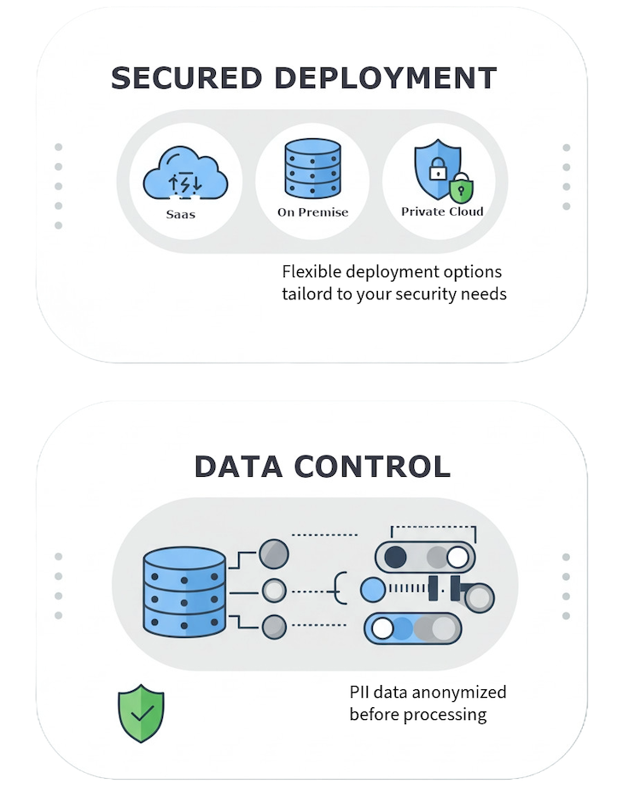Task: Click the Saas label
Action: (x=180, y=214)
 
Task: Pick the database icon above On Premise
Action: (x=312, y=168)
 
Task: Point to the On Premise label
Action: (x=312, y=212)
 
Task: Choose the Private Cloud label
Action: (x=442, y=212)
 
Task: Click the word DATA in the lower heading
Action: (x=239, y=467)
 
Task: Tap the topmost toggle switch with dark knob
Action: (x=425, y=557)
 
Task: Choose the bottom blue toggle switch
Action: (x=410, y=629)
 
